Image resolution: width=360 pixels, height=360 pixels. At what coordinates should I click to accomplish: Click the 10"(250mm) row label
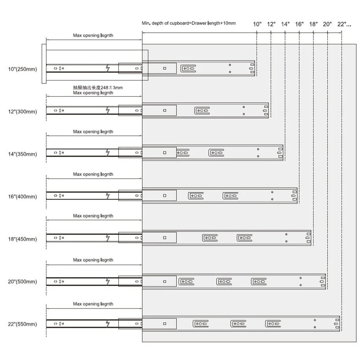pyautogui.click(x=22, y=69)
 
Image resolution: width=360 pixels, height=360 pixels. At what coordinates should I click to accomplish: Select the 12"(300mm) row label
pyautogui.click(x=22, y=112)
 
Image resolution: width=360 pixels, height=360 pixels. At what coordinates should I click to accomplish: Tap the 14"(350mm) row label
pyautogui.click(x=22, y=154)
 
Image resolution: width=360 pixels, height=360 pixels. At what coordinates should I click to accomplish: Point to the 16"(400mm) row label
pyautogui.click(x=22, y=197)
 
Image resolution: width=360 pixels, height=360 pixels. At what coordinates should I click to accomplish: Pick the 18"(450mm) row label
pyautogui.click(x=22, y=239)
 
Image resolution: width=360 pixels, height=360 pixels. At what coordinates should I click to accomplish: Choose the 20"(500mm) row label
pyautogui.click(x=22, y=281)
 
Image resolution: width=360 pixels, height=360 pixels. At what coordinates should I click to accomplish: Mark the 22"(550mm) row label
pyautogui.click(x=22, y=324)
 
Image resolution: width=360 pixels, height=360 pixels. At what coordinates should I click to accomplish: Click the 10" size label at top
pyautogui.click(x=257, y=24)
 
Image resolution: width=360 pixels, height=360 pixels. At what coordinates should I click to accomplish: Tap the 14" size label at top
pyautogui.click(x=285, y=24)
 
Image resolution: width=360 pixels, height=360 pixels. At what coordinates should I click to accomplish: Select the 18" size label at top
pyautogui.click(x=314, y=24)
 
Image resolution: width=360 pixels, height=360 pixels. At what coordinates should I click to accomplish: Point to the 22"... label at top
pyautogui.click(x=344, y=24)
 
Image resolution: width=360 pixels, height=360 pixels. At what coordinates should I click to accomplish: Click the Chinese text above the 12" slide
pyautogui.click(x=98, y=87)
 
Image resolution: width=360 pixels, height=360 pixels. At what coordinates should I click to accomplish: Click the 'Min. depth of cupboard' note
pyautogui.click(x=189, y=23)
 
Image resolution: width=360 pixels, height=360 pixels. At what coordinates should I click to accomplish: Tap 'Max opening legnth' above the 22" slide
pyautogui.click(x=93, y=304)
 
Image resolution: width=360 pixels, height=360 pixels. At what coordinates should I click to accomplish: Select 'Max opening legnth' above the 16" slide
pyautogui.click(x=93, y=174)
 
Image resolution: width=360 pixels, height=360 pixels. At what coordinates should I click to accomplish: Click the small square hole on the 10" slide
pyautogui.click(x=164, y=68)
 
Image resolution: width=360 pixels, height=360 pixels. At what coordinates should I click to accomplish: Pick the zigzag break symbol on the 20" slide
pyautogui.click(x=108, y=281)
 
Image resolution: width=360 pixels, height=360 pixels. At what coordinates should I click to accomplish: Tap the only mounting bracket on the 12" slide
pyautogui.click(x=202, y=111)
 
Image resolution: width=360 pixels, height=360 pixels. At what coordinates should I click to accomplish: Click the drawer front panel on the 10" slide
pyautogui.click(x=44, y=64)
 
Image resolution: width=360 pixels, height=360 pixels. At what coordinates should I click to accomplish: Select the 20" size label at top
pyautogui.click(x=327, y=24)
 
